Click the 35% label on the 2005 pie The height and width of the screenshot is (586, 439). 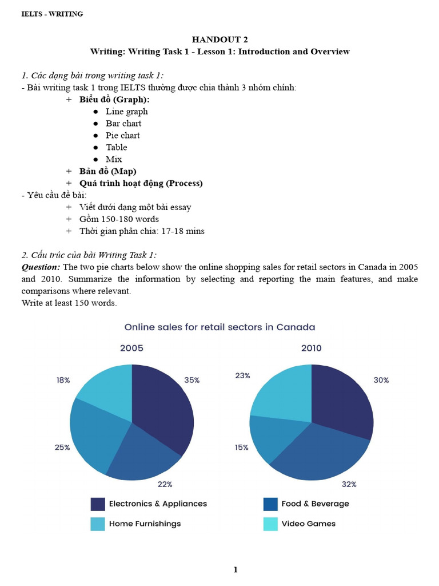coord(192,380)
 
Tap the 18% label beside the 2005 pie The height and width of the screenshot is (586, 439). coord(63,380)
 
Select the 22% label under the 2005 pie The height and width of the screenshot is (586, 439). coord(165,485)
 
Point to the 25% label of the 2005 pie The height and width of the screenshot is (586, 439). coord(62,448)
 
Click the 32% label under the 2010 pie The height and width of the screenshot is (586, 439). coord(349,484)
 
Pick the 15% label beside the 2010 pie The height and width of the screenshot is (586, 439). coord(242,448)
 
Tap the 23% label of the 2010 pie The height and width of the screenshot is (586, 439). coord(242,376)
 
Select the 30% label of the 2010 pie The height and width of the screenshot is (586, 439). coord(381,380)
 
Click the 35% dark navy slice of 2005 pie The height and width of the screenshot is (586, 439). coord(163,406)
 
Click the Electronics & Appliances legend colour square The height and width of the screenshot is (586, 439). coord(98,504)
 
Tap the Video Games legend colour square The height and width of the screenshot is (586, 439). coord(270,524)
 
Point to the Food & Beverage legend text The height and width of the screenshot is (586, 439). coord(315,504)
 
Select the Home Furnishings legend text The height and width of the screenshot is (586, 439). coord(145,524)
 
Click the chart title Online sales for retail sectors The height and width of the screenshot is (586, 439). coord(219,327)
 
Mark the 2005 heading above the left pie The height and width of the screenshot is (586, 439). coord(131,348)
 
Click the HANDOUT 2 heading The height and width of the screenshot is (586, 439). coord(219,39)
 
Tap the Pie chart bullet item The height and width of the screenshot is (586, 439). coord(122,135)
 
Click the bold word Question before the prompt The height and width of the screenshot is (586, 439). coord(41,267)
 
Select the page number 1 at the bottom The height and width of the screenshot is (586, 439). coord(235,569)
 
